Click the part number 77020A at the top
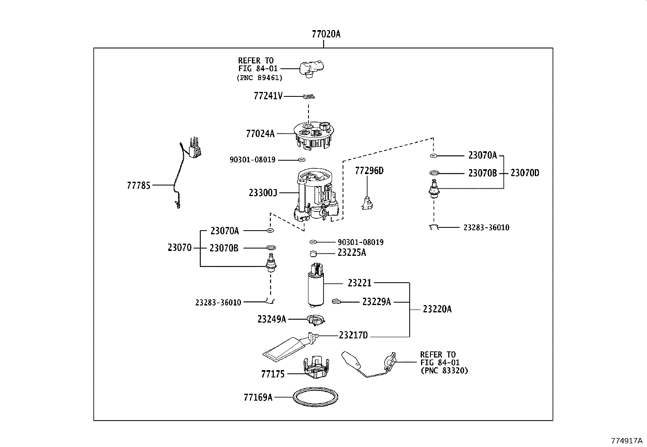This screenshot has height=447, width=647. (326, 34)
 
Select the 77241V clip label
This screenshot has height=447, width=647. (268, 96)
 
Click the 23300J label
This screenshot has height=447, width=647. (263, 192)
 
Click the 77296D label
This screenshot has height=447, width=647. (369, 171)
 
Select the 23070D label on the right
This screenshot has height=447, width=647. (525, 173)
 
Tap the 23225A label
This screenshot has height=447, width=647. (352, 253)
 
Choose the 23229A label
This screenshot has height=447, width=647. (376, 302)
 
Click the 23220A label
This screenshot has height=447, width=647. (437, 309)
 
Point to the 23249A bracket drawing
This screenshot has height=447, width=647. (315, 320)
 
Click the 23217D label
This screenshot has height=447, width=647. (353, 335)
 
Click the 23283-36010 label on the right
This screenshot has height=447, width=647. (486, 228)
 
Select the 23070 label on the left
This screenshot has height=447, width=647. (179, 247)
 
